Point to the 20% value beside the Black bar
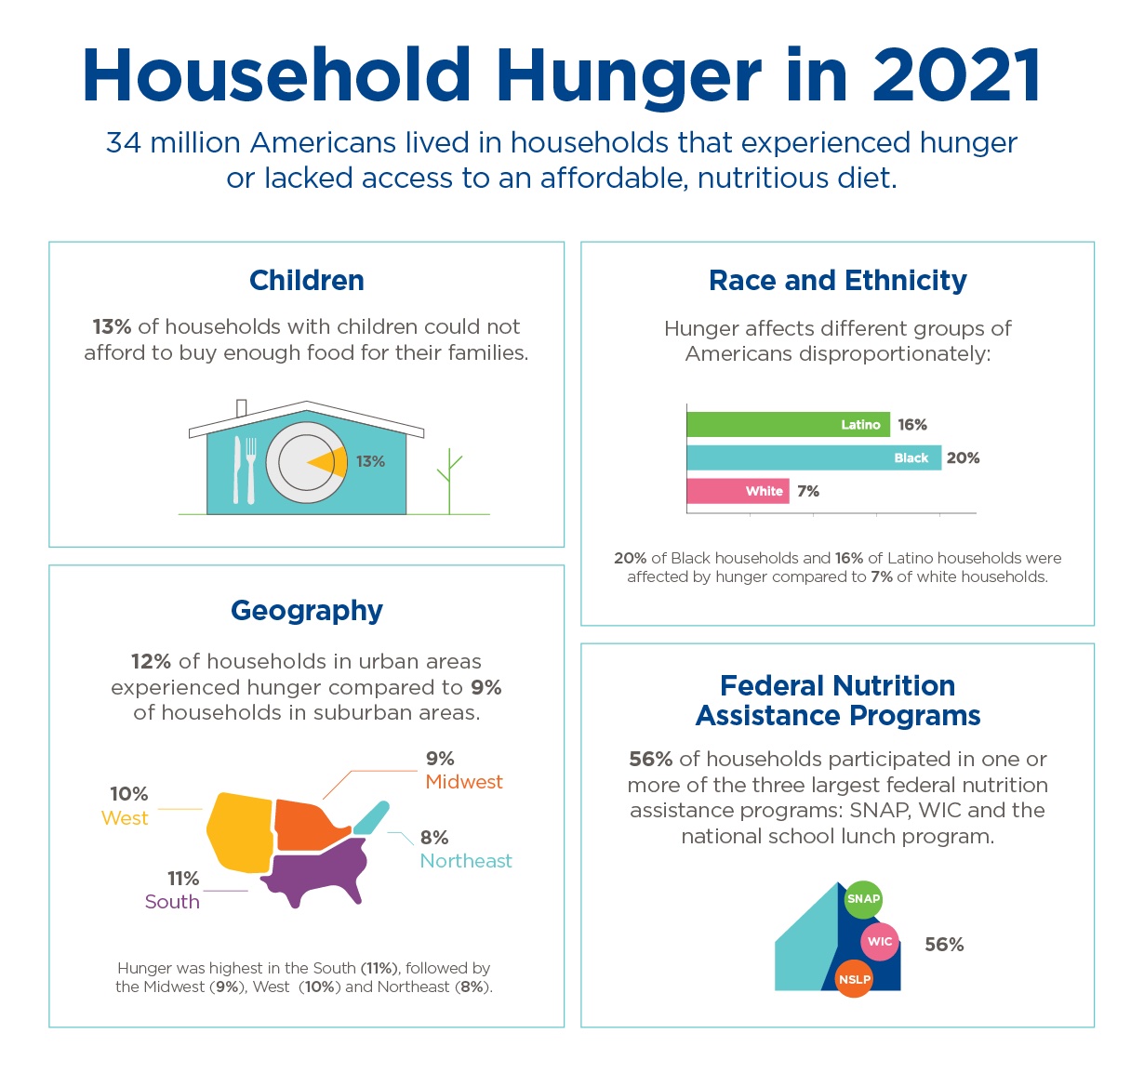(x=963, y=457)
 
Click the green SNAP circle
(x=863, y=899)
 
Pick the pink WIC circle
(x=880, y=942)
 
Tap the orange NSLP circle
(x=854, y=979)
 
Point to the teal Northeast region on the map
(x=372, y=817)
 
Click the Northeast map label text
(x=466, y=861)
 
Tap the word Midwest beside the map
(x=464, y=782)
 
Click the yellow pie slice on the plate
(x=331, y=461)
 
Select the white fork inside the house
(x=250, y=470)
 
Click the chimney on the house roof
(x=242, y=409)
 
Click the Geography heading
(x=307, y=611)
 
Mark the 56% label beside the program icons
(x=944, y=945)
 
